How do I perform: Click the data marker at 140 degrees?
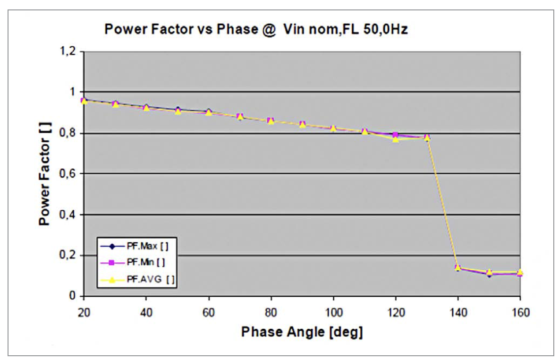457,268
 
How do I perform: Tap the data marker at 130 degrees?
427,137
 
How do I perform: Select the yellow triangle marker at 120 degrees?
396,139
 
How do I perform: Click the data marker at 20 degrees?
84,101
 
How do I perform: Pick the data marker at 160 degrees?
520,273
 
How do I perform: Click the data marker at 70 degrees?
240,117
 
